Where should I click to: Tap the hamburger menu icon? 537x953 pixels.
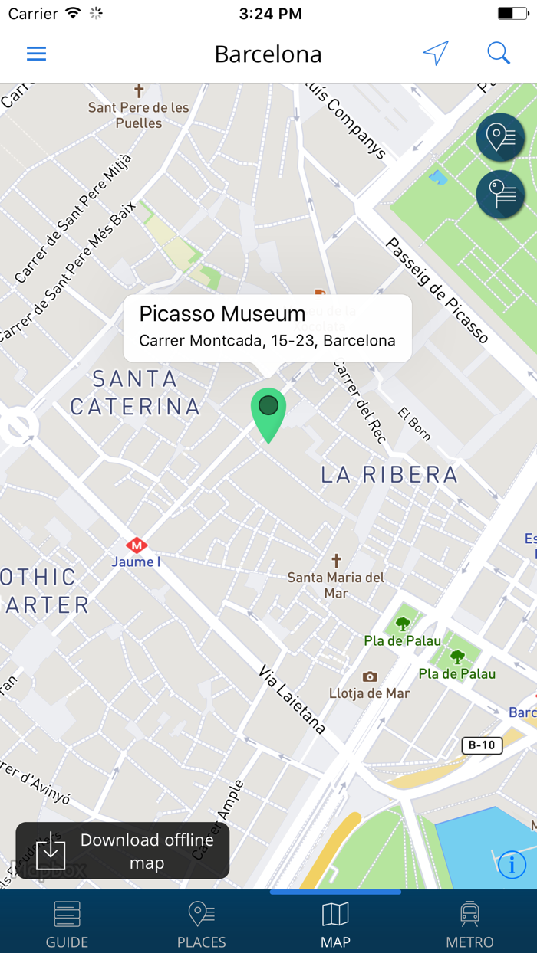pyautogui.click(x=36, y=54)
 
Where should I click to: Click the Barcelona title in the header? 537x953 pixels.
pyautogui.click(x=268, y=54)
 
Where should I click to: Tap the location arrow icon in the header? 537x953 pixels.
pyautogui.click(x=435, y=54)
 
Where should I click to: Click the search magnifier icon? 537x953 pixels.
pyautogui.click(x=499, y=53)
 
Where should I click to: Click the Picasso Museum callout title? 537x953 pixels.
pyautogui.click(x=222, y=313)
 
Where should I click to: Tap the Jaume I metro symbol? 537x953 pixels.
pyautogui.click(x=137, y=545)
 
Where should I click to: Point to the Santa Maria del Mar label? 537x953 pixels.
pyautogui.click(x=336, y=585)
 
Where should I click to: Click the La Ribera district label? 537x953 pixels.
pyautogui.click(x=389, y=475)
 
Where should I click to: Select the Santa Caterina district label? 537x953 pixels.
pyautogui.click(x=135, y=392)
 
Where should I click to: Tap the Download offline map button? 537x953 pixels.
pyautogui.click(x=123, y=850)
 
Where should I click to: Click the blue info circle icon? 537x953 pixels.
pyautogui.click(x=512, y=865)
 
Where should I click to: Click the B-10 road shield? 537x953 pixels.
pyautogui.click(x=482, y=745)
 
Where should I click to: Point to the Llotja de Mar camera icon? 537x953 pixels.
pyautogui.click(x=370, y=677)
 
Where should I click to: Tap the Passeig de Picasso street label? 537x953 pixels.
pyautogui.click(x=437, y=290)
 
